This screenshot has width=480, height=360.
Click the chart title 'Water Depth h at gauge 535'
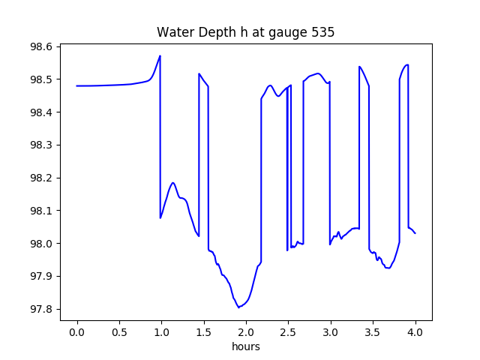coord(245,32)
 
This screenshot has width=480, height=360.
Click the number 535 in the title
coord(323,32)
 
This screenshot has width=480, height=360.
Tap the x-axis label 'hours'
coord(245,347)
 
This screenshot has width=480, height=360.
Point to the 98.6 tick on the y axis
coord(40,46)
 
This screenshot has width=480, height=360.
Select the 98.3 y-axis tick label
coord(40,145)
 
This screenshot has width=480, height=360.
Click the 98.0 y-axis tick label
coord(40,244)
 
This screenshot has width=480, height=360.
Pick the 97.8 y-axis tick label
coord(40,310)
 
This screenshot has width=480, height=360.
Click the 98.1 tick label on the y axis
coord(40,211)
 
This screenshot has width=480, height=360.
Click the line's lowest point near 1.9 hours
coord(238,307)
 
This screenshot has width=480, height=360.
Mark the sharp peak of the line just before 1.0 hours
coord(160,55)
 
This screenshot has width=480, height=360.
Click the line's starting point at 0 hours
coord(77,85)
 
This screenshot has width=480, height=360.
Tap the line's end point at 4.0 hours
coord(415,233)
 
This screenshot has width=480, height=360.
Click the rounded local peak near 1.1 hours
coord(173,183)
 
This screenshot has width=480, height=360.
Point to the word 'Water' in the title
coord(173,32)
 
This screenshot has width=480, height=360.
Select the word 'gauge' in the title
coord(286,33)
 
